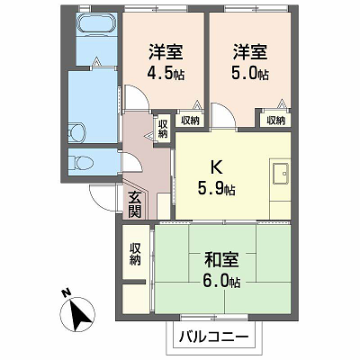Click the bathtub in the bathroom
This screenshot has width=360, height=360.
point(96,22)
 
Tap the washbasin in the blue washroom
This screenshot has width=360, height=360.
point(77,132)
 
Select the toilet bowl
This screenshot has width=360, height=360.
point(81,163)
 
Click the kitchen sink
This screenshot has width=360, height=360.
point(281,174)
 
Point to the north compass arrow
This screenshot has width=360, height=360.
point(77,314)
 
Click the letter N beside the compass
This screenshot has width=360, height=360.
point(65,292)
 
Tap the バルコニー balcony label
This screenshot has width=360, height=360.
point(214,337)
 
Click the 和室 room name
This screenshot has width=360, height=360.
point(221,260)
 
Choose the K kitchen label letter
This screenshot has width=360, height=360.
point(216,167)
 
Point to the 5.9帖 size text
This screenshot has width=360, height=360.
point(216,189)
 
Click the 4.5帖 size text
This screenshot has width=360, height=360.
point(166,74)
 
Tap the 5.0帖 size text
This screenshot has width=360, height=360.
point(250,74)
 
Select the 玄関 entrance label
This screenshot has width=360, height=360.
point(135,204)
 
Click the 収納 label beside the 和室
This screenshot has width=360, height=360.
point(135,254)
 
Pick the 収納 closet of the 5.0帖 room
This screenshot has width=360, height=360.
point(275,121)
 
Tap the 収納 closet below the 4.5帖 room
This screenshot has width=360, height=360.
point(190,121)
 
